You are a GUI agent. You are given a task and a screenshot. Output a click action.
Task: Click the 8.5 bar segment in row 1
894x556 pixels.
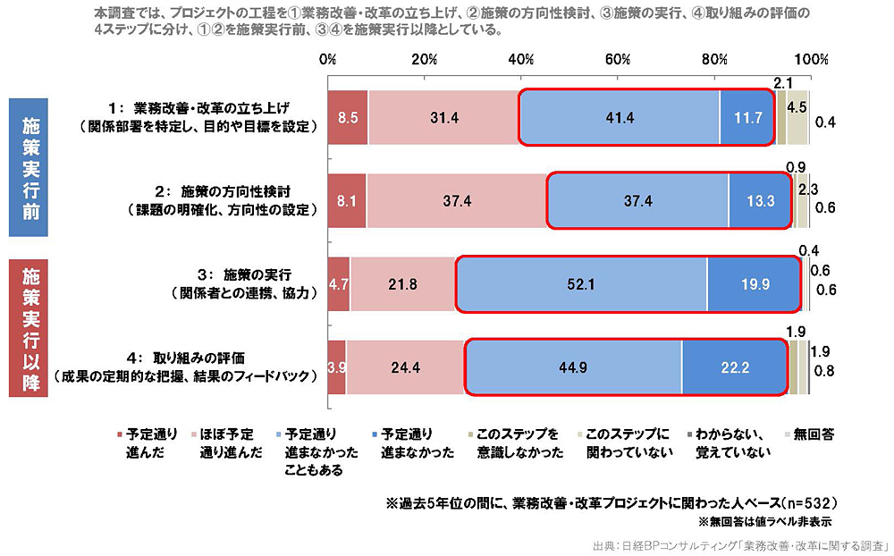coord(348,117)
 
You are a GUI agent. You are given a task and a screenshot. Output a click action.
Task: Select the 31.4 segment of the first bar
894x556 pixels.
coord(443,117)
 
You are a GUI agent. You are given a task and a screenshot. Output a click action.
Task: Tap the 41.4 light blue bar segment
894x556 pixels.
coord(619,117)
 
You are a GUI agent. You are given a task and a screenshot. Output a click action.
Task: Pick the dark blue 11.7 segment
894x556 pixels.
coord(746,117)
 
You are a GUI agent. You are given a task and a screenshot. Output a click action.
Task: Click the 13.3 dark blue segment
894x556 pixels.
coord(760,200)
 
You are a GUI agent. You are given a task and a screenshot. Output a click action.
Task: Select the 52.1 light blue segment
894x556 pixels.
coord(581,284)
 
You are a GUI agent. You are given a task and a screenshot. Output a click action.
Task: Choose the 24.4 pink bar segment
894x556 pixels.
coord(405,367)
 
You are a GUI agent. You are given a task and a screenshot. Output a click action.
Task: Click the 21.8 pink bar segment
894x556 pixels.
coord(402,284)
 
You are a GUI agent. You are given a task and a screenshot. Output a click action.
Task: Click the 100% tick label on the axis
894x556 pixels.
coord(811,60)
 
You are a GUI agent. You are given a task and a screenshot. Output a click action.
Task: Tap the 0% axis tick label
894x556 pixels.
coord(328,60)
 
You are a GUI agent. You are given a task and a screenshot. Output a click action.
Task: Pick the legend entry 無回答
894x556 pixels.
coord(811,434)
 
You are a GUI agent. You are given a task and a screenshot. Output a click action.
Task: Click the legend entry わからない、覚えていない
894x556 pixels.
coord(728,442)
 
